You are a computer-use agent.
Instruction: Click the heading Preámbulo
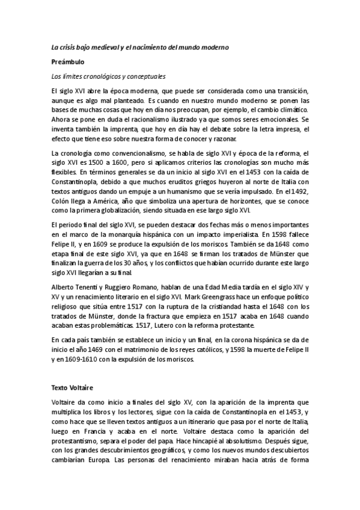tap(67, 62)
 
